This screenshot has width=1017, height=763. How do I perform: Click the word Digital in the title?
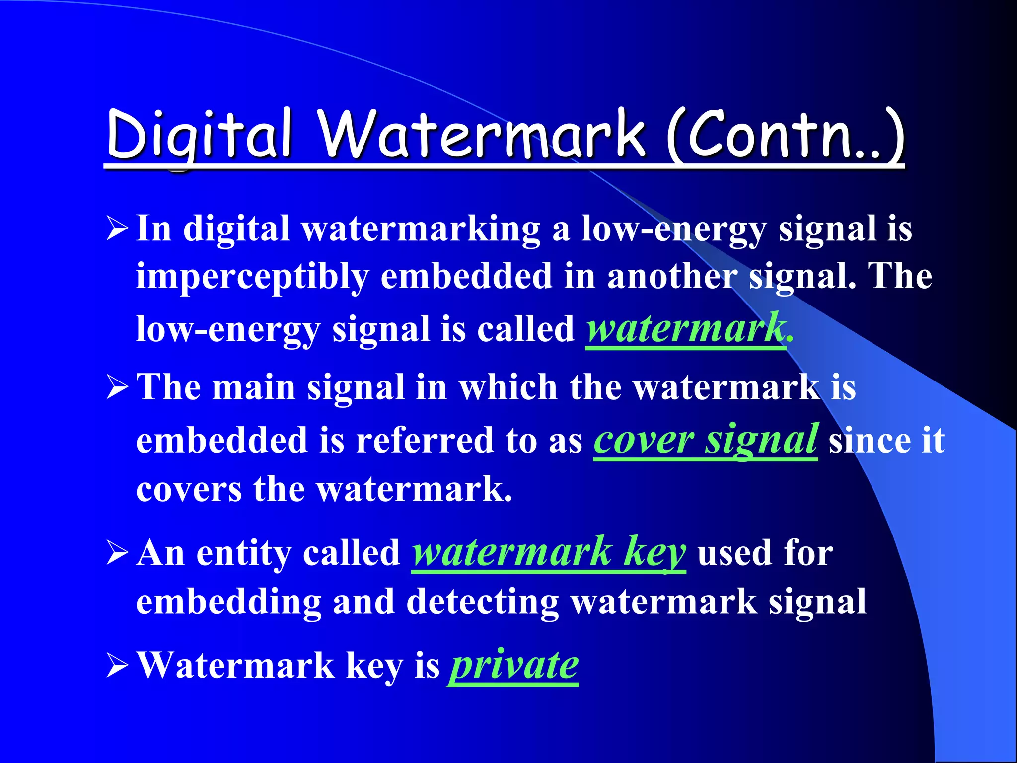199,134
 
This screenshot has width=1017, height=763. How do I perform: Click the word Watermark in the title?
482,134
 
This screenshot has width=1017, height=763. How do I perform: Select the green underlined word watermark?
685,329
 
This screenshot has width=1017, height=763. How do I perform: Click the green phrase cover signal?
705,440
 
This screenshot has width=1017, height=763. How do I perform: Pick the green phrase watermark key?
549,552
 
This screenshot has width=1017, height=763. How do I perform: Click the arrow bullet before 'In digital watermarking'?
117,229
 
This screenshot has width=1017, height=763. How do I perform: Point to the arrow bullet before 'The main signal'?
117,388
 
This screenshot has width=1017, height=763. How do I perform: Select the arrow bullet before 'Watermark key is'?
117,666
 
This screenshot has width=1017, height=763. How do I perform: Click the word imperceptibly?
252,277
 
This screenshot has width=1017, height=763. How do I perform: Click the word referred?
425,440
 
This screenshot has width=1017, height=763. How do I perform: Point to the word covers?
189,490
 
